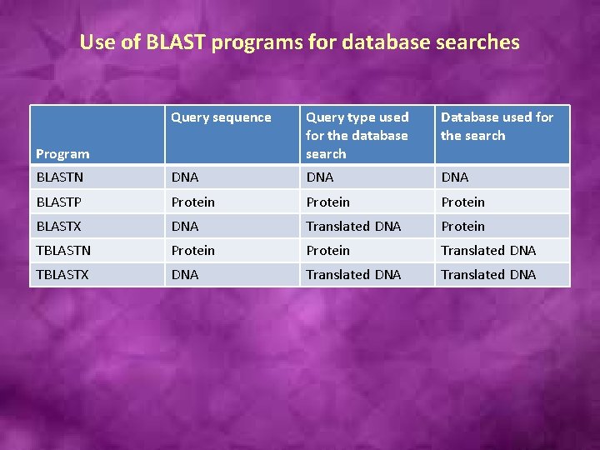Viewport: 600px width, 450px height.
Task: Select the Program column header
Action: click(62, 153)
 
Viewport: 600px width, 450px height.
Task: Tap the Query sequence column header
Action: click(221, 117)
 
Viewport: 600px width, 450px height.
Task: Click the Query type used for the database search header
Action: click(357, 135)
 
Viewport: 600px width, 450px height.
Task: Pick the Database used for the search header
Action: click(497, 127)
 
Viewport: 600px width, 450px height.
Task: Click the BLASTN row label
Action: click(61, 177)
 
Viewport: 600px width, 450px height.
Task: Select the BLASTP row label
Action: click(59, 202)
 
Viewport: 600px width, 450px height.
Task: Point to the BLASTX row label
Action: click(59, 226)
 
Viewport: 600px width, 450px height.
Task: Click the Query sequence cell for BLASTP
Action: click(192, 202)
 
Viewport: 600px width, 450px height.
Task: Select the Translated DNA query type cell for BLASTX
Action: click(353, 226)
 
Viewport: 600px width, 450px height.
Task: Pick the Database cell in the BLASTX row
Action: click(462, 226)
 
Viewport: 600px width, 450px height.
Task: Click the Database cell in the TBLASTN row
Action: click(488, 250)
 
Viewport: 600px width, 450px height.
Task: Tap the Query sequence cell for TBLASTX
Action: click(185, 274)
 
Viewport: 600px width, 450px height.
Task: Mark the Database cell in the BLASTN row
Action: click(454, 177)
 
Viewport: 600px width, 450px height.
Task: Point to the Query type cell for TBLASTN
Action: click(327, 250)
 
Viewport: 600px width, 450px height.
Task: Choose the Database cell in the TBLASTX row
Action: click(488, 274)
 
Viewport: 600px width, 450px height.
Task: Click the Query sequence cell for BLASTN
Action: click(185, 177)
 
